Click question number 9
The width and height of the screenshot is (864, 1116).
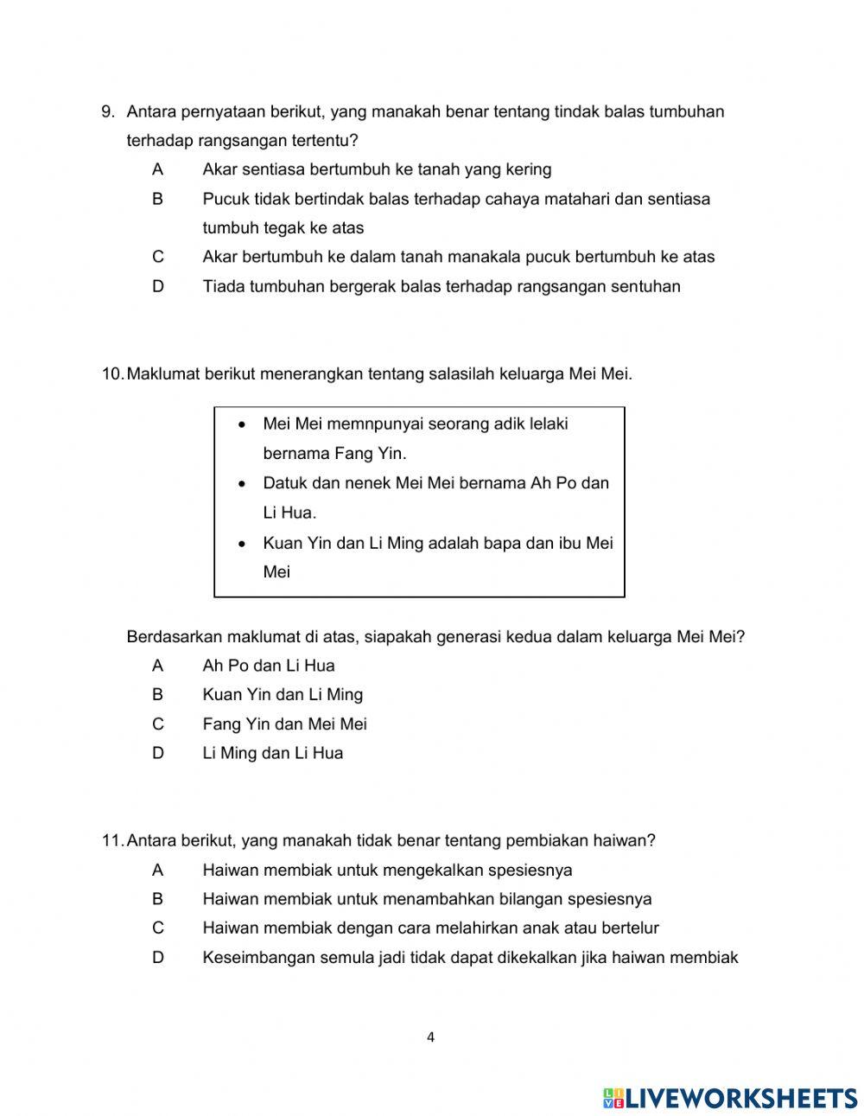click(x=108, y=112)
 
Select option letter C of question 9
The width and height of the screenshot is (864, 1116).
click(x=157, y=257)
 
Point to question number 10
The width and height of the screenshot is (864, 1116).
click(x=112, y=374)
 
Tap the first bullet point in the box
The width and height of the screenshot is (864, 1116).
click(x=244, y=424)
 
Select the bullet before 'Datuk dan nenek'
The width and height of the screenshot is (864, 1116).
click(x=244, y=484)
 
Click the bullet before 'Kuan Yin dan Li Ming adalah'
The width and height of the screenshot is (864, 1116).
click(x=244, y=544)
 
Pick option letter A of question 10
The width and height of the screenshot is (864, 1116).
click(x=157, y=666)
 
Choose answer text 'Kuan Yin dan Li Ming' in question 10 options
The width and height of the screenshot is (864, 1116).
click(x=283, y=695)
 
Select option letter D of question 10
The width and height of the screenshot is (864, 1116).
click(x=157, y=753)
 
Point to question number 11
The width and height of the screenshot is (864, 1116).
click(x=112, y=840)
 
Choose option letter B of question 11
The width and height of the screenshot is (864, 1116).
click(x=157, y=899)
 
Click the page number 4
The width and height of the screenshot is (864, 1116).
click(x=430, y=1037)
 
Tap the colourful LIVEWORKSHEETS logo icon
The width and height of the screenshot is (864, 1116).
click(x=613, y=1098)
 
